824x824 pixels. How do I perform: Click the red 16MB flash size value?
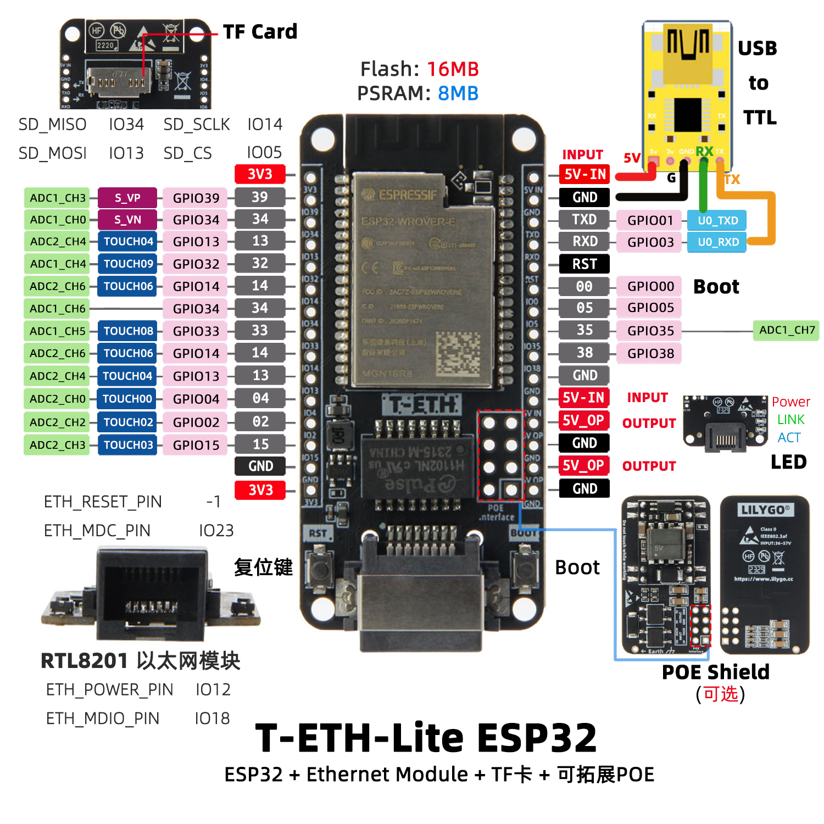tap(453, 69)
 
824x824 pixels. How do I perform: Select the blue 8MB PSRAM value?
tap(458, 93)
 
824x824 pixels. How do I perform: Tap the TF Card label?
tap(260, 32)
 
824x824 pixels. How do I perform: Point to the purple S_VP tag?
tap(127, 198)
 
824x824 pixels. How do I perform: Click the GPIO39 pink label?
tap(196, 198)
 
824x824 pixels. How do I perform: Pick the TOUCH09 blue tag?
tap(128, 264)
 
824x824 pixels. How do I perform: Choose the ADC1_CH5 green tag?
tap(57, 331)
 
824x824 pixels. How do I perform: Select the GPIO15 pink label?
tap(196, 445)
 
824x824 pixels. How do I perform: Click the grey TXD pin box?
tap(584, 220)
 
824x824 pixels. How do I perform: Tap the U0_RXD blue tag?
tap(717, 242)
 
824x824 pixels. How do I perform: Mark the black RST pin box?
tap(584, 264)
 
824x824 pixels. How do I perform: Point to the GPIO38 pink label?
tap(650, 353)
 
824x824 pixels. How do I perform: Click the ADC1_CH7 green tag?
tap(787, 330)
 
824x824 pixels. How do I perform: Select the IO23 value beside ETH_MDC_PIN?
tap(216, 531)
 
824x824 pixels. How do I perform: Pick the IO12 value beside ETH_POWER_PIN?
tap(213, 689)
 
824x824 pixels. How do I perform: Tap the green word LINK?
tap(790, 420)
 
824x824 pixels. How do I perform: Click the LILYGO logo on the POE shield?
tap(765, 510)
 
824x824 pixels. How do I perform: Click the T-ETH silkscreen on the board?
tap(422, 405)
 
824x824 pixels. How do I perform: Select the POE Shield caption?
tap(715, 672)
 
